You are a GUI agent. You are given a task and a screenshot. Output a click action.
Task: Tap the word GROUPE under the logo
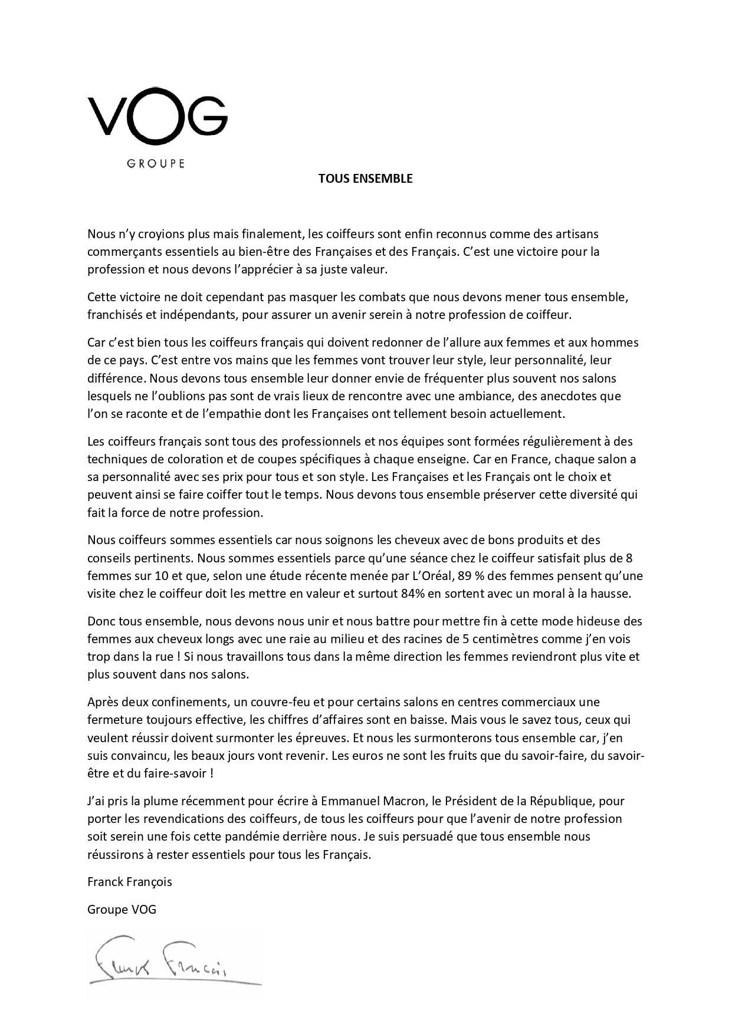(156, 163)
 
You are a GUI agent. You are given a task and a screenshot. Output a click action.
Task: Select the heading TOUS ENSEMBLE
(365, 179)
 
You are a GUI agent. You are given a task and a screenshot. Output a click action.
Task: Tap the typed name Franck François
(130, 882)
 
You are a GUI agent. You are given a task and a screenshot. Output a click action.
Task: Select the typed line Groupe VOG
(122, 910)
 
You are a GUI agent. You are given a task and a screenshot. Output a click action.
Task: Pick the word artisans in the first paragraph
(578, 234)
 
